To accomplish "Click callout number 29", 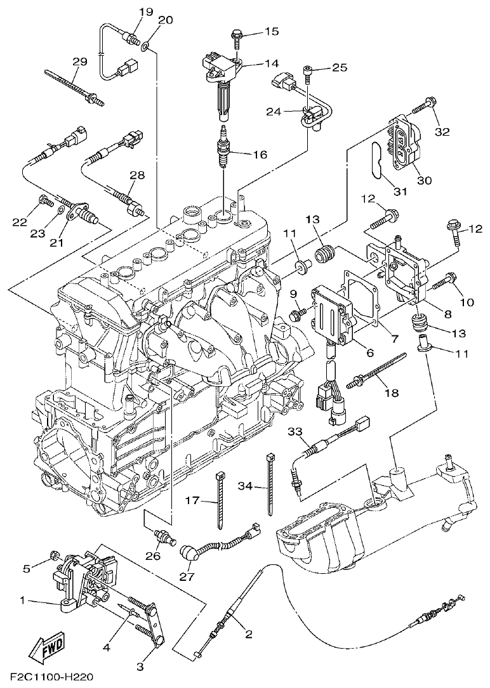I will pyautogui.click(x=79, y=62).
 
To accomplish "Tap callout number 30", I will pyautogui.click(x=424, y=180).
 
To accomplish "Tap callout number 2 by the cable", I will pyautogui.click(x=248, y=633).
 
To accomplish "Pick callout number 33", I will pyautogui.click(x=295, y=432).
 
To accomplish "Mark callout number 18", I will pyautogui.click(x=392, y=393).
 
